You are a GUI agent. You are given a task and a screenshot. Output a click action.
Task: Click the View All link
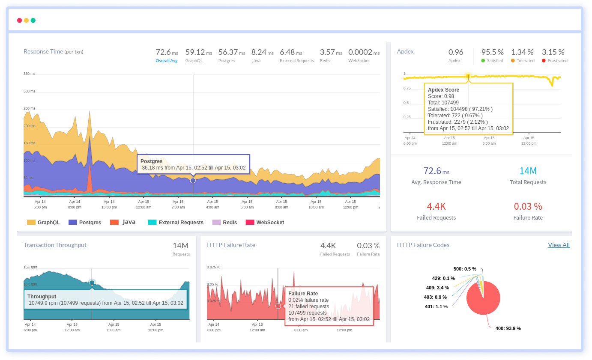[x=559, y=245]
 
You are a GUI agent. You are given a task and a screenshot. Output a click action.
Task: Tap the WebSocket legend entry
[x=265, y=222]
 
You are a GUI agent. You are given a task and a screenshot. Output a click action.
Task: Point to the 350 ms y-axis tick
[x=29, y=74]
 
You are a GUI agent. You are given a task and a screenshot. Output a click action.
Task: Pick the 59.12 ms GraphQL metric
[x=198, y=52]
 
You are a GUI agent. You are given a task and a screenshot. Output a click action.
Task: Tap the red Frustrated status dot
[x=544, y=61]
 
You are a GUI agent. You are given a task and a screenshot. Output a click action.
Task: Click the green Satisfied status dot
[x=483, y=61]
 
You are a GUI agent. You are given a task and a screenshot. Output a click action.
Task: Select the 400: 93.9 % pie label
[x=508, y=328]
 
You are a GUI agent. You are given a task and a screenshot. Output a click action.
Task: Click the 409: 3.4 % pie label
[x=437, y=288]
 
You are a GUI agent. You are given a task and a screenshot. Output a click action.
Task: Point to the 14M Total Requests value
[x=528, y=171]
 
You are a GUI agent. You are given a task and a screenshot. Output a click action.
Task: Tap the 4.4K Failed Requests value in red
[x=436, y=207]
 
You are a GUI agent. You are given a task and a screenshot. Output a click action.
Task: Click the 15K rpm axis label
[x=30, y=267]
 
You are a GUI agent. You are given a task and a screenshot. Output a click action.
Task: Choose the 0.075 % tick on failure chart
[x=213, y=267]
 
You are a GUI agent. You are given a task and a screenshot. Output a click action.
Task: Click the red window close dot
[x=19, y=20]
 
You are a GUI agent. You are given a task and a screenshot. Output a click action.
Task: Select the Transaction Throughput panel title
[x=55, y=245]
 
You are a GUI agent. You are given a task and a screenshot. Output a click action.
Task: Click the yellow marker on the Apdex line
[x=468, y=76]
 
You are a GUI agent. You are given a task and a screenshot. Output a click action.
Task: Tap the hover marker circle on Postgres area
[x=193, y=181]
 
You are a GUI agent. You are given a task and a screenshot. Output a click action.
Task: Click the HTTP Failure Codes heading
[x=423, y=245]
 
